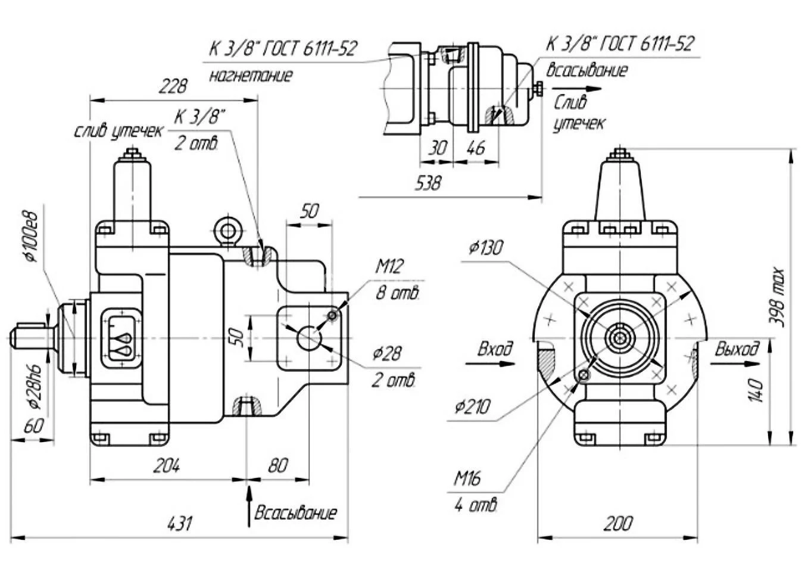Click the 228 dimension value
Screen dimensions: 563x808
click(173, 87)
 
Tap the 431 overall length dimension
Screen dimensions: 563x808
click(180, 524)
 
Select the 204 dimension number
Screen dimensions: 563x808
click(167, 465)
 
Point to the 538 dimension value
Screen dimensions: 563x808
click(428, 182)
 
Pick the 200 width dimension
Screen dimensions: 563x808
click(617, 524)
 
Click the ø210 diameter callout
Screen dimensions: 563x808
click(472, 408)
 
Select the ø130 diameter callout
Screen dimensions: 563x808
click(485, 247)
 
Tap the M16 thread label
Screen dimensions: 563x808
click(467, 478)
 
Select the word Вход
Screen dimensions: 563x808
click(495, 349)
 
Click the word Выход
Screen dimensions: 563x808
click(737, 349)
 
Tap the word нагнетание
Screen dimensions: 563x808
click(251, 76)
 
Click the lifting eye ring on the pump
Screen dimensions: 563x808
click(228, 230)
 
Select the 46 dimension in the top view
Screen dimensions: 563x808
click(475, 148)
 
